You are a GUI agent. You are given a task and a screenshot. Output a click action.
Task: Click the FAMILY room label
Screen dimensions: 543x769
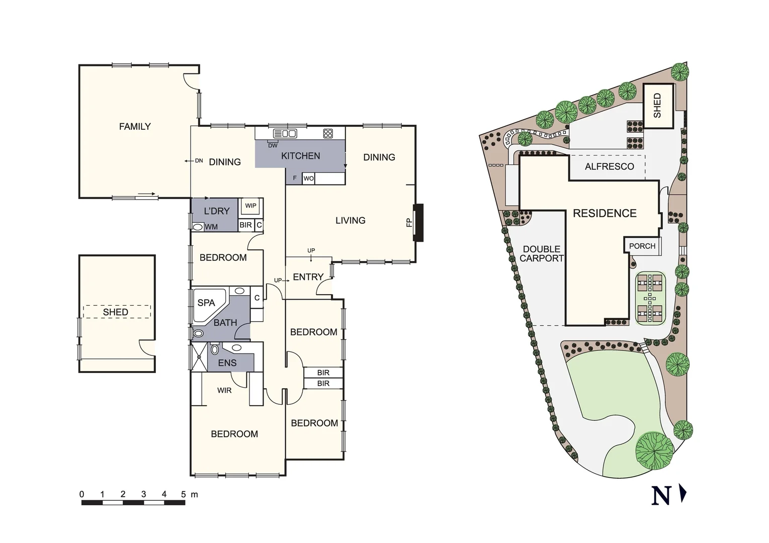point(135,127)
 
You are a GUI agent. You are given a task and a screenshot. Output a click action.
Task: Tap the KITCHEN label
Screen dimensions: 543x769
point(300,156)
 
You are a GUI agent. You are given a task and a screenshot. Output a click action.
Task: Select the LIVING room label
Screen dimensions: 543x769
point(350,221)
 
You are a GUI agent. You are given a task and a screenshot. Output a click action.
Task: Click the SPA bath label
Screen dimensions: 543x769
point(206,303)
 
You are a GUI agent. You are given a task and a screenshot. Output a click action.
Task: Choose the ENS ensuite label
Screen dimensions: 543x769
point(227,363)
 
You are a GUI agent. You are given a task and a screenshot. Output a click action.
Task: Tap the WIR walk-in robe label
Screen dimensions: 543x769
point(224,390)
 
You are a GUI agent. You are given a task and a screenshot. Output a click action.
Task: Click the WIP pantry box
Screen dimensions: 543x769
point(250,206)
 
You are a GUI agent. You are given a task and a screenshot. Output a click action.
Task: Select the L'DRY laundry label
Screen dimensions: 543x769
point(216,211)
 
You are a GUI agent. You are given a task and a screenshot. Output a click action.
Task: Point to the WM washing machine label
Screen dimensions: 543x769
point(211,227)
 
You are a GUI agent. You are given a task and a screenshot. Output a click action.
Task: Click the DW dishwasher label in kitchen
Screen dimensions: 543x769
point(273,146)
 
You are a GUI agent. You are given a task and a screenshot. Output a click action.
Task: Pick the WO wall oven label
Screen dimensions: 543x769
point(308,178)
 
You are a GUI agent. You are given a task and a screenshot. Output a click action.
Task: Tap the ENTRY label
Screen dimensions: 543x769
point(308,277)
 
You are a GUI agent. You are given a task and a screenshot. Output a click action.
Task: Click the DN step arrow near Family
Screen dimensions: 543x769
point(198,161)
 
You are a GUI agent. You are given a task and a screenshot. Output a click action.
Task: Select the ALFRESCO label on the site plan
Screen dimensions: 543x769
point(609,166)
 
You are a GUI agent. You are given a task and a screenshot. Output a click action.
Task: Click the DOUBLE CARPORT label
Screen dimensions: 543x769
point(541,254)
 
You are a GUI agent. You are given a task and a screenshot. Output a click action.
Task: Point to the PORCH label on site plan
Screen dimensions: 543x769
point(642,246)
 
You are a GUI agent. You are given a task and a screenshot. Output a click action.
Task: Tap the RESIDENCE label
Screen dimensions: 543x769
point(605,213)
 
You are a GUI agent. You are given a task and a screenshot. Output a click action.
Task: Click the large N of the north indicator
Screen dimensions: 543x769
point(661,496)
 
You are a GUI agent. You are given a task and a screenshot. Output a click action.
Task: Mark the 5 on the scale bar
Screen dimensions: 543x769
point(184,494)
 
